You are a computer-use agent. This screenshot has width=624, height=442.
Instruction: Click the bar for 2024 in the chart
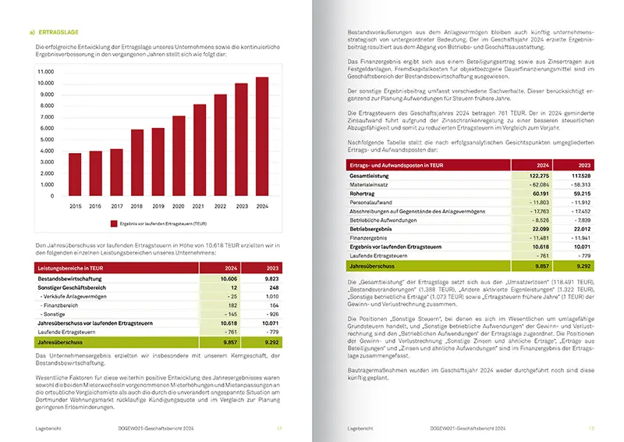262,137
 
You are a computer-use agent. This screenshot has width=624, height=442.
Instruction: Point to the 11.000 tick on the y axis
46,70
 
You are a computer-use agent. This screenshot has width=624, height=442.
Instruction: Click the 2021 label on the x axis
200,205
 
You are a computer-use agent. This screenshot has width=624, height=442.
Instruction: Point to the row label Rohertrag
363,193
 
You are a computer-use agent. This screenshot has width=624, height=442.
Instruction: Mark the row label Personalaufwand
371,201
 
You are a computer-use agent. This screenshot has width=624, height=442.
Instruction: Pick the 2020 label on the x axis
179,205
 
